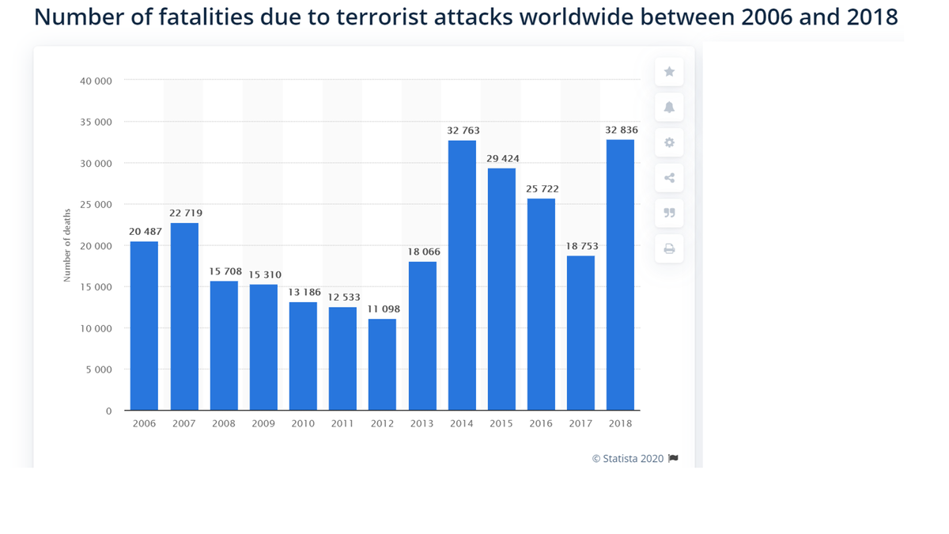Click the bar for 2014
coord(462,275)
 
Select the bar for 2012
coord(382,365)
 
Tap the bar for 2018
coord(620,275)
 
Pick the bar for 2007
coord(184,316)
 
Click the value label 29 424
coord(502,158)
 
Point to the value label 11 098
coord(383,309)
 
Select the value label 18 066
coord(423,252)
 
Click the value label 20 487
coord(144,231)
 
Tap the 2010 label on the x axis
coord(303,423)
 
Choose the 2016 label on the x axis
coord(541,423)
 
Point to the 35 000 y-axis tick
coord(96,122)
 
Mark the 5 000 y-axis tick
coord(99,369)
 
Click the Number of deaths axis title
coord(67,244)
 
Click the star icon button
coord(669,72)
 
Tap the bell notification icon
coord(669,108)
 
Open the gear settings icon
coord(669,142)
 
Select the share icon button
coord(669,178)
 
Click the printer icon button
coord(669,248)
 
